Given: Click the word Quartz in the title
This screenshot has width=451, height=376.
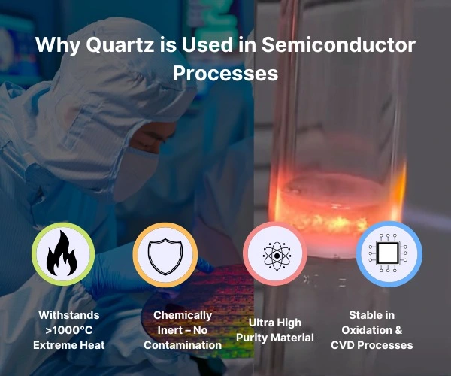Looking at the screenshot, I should (111, 45).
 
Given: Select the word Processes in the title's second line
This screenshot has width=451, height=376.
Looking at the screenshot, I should (225, 74).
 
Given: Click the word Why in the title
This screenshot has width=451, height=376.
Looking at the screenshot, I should (57, 45).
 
